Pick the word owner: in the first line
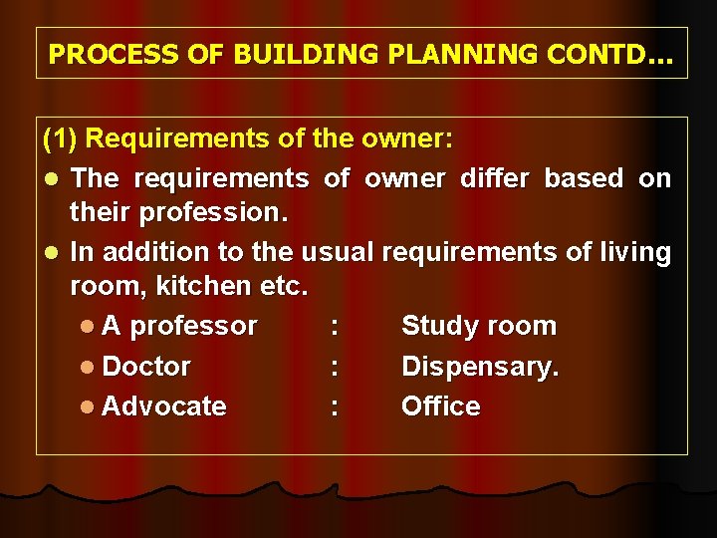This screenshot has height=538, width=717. (410, 138)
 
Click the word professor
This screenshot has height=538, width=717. (193, 326)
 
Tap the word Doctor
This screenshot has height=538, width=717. (146, 366)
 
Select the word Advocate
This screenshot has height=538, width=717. (163, 406)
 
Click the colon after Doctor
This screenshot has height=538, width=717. (335, 367)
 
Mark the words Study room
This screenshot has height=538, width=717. (478, 326)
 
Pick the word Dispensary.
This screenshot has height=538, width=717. (480, 367)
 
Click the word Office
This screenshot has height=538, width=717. (440, 406)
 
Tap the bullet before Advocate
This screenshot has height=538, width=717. (90, 406)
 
